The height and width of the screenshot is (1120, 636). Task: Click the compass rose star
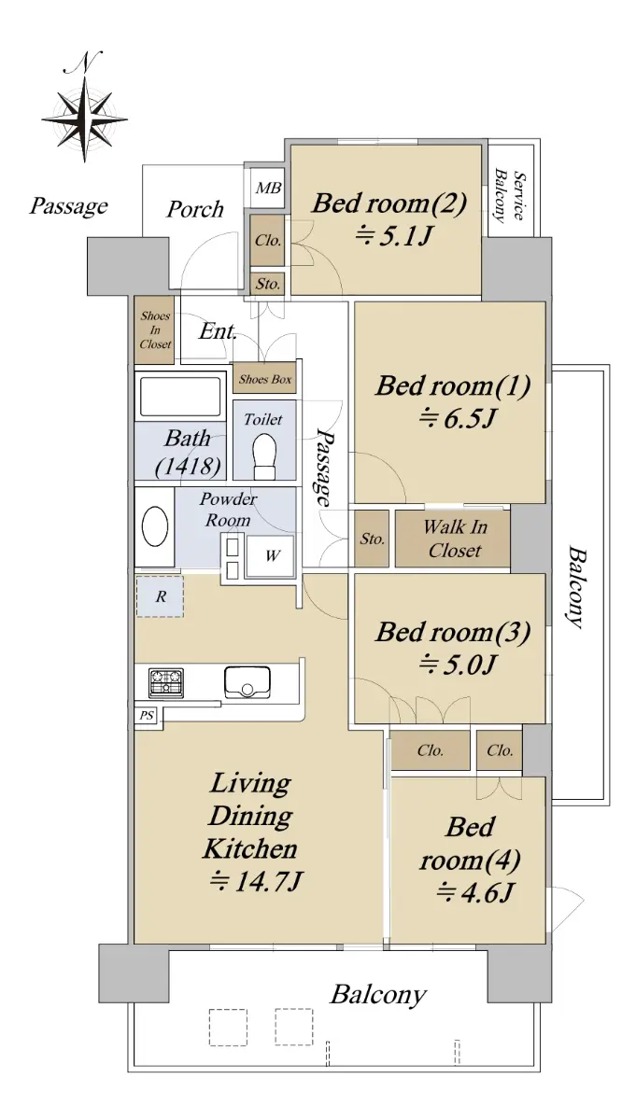pos(84,120)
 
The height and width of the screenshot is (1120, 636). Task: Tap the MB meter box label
pos(268,189)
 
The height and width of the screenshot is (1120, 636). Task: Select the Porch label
pos(195,209)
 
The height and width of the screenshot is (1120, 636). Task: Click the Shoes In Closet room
pos(155,330)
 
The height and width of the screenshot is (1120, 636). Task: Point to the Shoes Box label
pos(265,379)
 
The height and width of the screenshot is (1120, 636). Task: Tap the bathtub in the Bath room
pos(180,397)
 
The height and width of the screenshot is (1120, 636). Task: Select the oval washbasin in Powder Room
pos(155,527)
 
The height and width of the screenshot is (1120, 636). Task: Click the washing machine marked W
pos(270,555)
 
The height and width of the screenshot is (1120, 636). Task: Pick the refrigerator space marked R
pos(160,596)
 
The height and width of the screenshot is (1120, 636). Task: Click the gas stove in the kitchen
pos(166,682)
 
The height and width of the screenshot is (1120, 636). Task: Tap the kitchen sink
pos(247,682)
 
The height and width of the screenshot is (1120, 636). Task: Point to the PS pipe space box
pos(146,716)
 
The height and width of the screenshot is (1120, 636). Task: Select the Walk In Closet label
pos(455,539)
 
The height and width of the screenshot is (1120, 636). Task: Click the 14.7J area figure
pos(255,881)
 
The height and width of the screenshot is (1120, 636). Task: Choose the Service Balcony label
pos(510,196)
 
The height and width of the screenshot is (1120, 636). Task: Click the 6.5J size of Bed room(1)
pos(457,418)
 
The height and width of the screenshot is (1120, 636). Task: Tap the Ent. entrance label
pos(218,331)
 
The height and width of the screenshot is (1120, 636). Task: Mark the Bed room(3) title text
pos(453,632)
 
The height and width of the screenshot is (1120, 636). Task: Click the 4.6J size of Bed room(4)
pos(474,892)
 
